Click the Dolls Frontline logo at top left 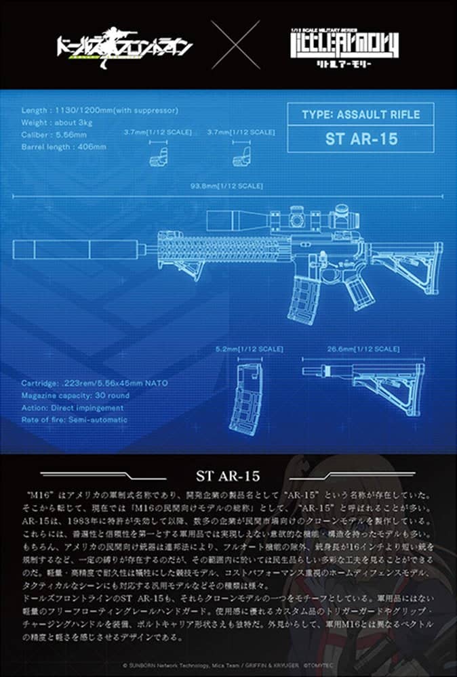pyautogui.click(x=124, y=46)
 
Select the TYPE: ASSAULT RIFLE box pyautogui.click(x=361, y=114)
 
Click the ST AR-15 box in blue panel pyautogui.click(x=361, y=141)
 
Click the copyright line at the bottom pyautogui.click(x=228, y=665)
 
